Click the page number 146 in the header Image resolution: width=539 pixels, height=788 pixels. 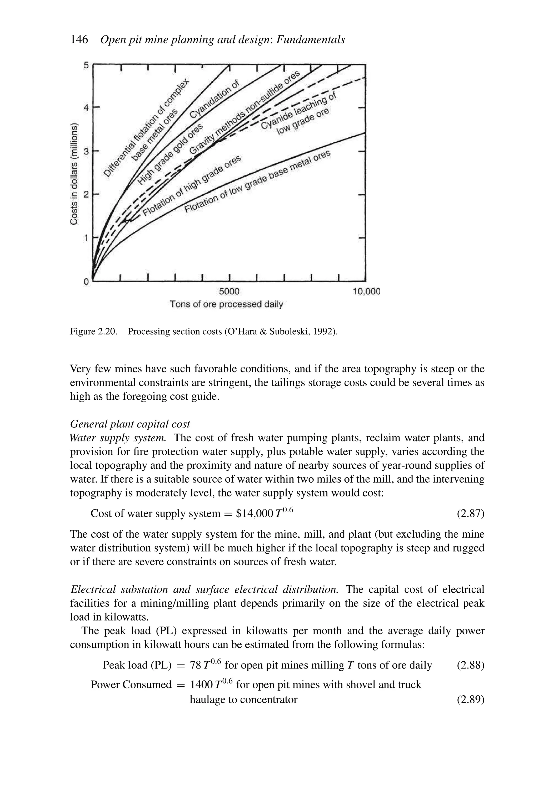(79, 40)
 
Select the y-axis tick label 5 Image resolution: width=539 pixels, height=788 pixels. (86, 65)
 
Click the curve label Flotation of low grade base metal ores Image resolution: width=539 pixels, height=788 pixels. (257, 182)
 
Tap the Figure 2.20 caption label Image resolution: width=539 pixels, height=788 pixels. (93, 331)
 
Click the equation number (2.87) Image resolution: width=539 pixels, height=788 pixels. (471, 513)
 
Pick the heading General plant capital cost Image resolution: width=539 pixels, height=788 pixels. (130, 424)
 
